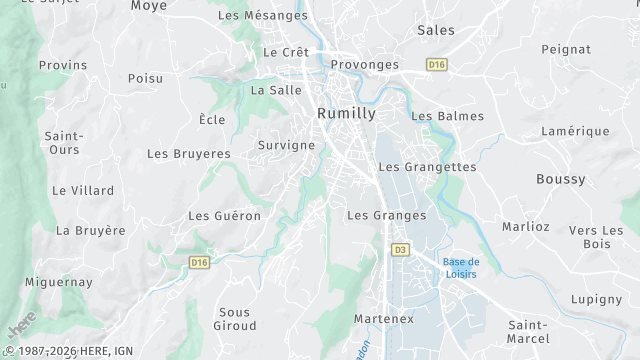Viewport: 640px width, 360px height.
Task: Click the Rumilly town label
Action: coord(346,113)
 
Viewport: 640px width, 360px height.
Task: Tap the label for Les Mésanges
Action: coord(263,15)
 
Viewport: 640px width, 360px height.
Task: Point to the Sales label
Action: coord(435,30)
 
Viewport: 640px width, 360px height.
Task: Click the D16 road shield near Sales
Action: coord(436,64)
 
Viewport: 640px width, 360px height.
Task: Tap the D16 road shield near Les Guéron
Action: coord(199,262)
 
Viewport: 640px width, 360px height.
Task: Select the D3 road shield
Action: coord(400,249)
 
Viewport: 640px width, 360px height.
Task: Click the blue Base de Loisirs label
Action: coord(460,267)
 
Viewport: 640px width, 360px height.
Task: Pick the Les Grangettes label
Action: coord(427,166)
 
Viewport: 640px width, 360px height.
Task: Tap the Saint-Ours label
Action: coord(63,142)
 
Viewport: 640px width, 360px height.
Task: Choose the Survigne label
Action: coord(287,145)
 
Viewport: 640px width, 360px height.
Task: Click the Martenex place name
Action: coord(384,318)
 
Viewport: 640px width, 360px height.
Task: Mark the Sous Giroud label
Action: coord(236,319)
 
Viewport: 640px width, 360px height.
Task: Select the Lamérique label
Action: coord(575,131)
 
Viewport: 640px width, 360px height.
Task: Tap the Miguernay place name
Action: coord(59,283)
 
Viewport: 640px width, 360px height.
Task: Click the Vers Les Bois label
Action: coord(596,237)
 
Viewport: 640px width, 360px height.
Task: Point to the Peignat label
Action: coord(567,48)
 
